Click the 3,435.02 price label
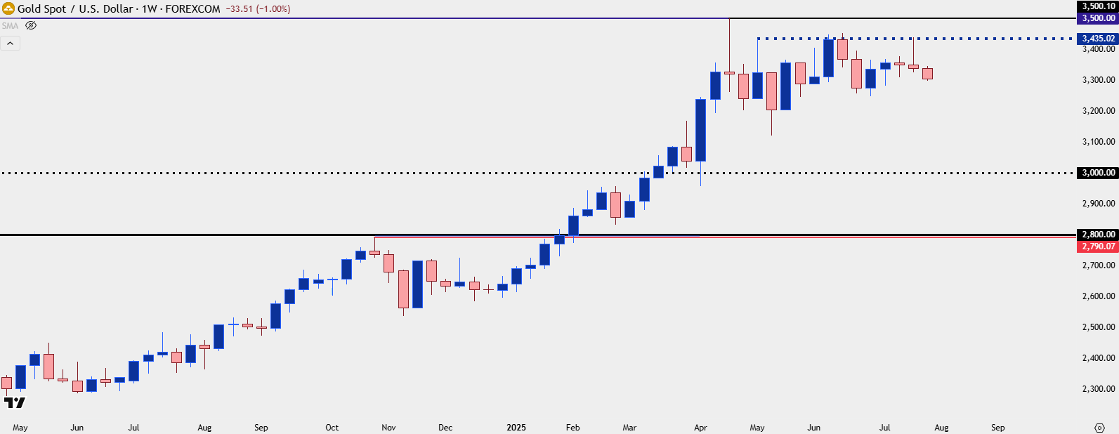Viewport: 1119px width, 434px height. (1098, 39)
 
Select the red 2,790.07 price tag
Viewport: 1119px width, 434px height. (1098, 246)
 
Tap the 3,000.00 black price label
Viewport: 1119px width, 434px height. (1098, 173)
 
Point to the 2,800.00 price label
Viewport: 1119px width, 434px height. (1098, 235)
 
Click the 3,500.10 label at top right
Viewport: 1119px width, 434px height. (1098, 6)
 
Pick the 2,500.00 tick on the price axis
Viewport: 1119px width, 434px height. (1099, 327)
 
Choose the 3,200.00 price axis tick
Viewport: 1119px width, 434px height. (1099, 111)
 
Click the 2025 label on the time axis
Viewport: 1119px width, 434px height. (516, 428)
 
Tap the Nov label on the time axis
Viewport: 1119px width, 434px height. (388, 428)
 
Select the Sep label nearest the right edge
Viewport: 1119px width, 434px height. (997, 428)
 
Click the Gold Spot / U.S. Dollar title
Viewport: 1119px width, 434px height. (75, 9)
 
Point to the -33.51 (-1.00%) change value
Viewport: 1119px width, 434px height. (258, 9)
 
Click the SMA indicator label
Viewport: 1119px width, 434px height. (10, 26)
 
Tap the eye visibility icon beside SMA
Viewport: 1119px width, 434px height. (31, 25)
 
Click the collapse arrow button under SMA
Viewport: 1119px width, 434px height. (11, 44)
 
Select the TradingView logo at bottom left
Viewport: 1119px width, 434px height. (14, 402)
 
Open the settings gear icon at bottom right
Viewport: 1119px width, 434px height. (1100, 428)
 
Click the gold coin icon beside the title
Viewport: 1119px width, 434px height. (8, 9)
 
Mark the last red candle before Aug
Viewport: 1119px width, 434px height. (927, 74)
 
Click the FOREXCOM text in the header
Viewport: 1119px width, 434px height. (192, 9)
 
